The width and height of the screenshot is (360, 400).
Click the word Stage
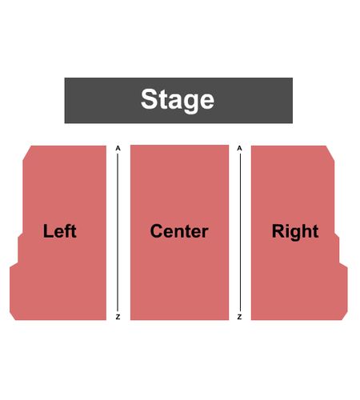point(178,100)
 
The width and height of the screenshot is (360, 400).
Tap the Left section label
point(60,231)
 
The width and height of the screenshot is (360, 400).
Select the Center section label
point(179,231)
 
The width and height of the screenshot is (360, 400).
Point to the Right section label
point(295,232)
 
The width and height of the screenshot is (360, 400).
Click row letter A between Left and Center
point(118,148)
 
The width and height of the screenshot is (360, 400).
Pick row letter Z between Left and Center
point(118,317)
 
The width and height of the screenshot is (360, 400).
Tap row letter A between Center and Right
point(239,148)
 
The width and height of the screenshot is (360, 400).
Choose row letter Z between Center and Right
point(239,317)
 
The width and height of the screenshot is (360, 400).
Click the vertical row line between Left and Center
point(118,232)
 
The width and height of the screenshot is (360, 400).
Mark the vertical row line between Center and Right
point(240,232)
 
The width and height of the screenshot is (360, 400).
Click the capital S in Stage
point(150,98)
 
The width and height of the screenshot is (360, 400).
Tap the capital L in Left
point(48,231)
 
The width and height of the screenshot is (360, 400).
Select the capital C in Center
point(157,231)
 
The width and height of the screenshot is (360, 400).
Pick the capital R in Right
point(278,231)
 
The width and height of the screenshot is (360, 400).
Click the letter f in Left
point(67,230)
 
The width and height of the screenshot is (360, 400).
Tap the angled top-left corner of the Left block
point(27,153)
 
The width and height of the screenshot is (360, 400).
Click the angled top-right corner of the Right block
point(330,153)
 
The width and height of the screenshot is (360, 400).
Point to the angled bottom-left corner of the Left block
point(13,315)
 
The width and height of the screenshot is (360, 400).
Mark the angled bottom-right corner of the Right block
point(345,315)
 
